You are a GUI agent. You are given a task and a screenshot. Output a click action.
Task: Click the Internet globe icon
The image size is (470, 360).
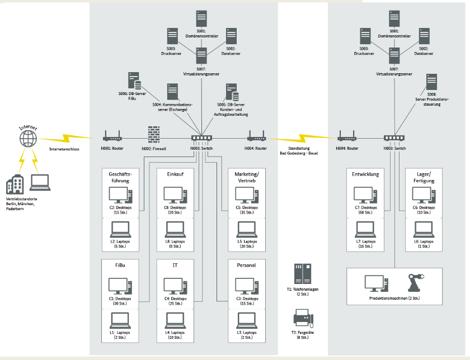tap(28, 138)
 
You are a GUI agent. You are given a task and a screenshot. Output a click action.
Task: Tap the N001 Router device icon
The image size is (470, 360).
tap(112, 136)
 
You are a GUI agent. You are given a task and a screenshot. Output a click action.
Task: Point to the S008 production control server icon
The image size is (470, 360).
tap(431, 82)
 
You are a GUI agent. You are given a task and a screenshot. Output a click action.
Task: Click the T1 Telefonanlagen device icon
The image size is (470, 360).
tap(303, 274)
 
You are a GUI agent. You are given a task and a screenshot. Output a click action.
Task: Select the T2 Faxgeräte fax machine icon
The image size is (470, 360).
tap(303, 320)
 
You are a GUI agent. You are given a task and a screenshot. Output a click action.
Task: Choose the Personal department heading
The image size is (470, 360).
tap(246, 265)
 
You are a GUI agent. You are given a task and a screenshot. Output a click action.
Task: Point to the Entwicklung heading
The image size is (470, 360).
tap(365, 174)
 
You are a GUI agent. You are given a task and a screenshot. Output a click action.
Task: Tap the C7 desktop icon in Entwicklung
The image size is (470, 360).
tap(365, 195)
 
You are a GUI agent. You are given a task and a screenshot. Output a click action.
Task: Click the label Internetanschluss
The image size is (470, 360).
tap(64, 150)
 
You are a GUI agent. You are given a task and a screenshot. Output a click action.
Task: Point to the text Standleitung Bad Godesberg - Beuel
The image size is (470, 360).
tap(298, 151)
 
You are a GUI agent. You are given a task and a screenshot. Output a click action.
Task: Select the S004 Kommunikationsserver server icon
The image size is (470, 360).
tap(172, 91)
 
